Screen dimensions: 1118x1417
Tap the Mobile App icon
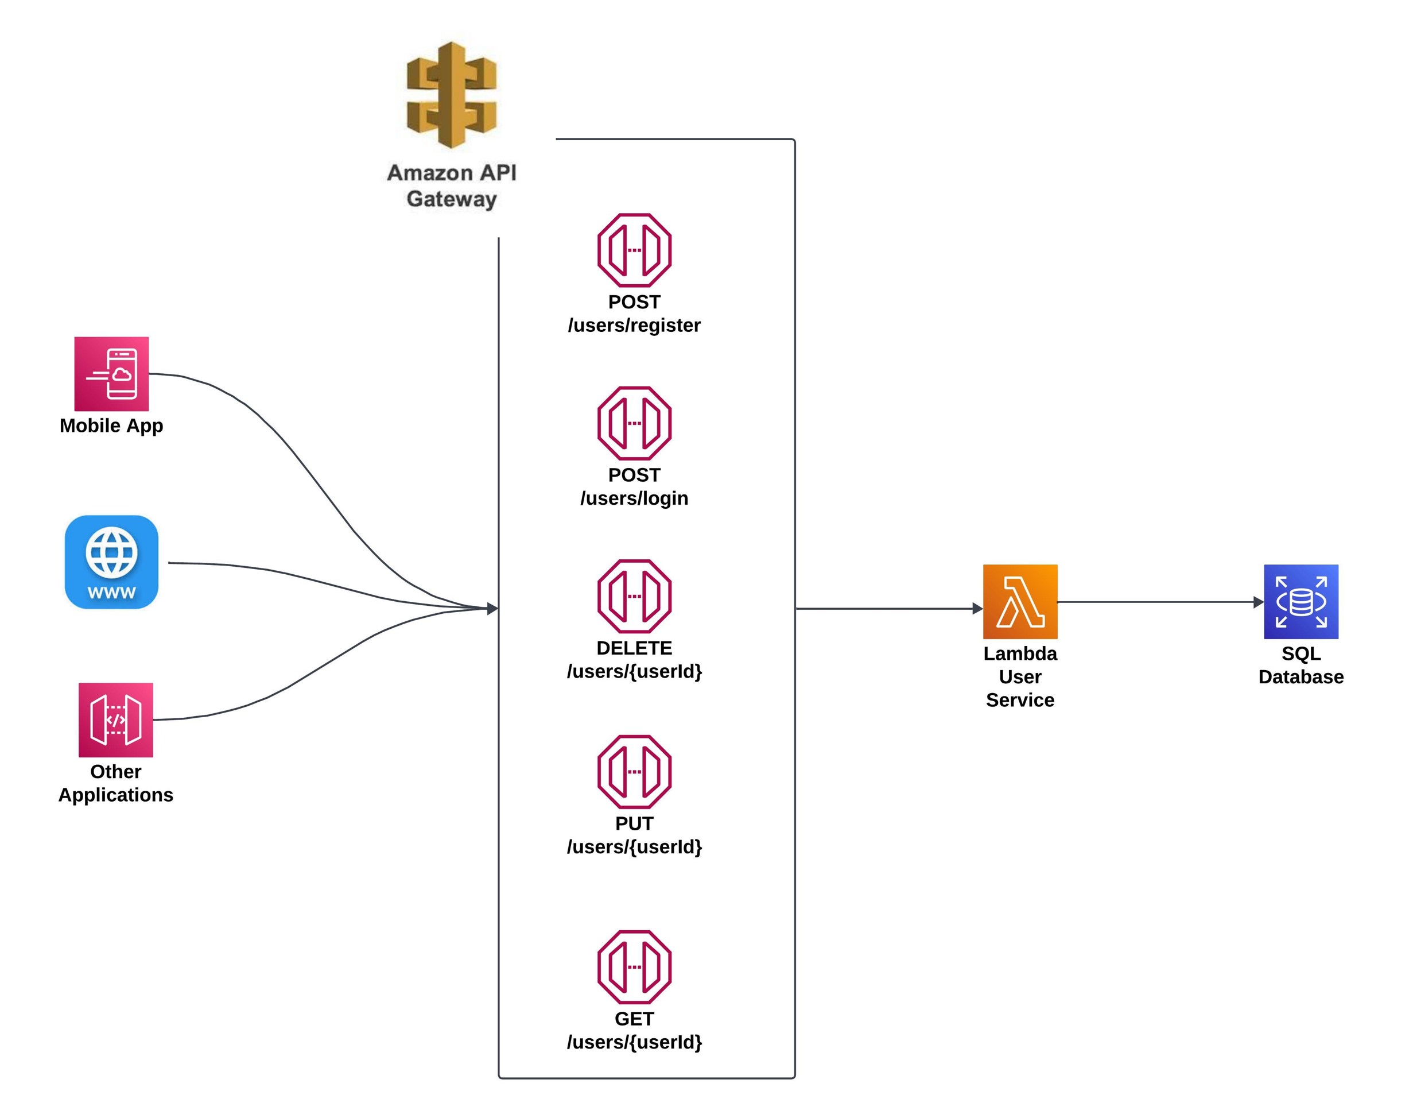pyautogui.click(x=111, y=374)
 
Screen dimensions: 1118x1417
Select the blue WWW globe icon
pyautogui.click(x=111, y=562)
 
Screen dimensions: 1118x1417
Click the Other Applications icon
pyautogui.click(x=116, y=719)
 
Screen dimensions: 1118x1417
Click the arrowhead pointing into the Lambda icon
pyautogui.click(x=977, y=608)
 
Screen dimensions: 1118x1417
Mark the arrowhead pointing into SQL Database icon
pyautogui.click(x=1257, y=602)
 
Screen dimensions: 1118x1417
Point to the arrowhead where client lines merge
pyautogui.click(x=492, y=608)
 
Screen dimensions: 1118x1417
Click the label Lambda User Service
pyautogui.click(x=1019, y=676)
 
